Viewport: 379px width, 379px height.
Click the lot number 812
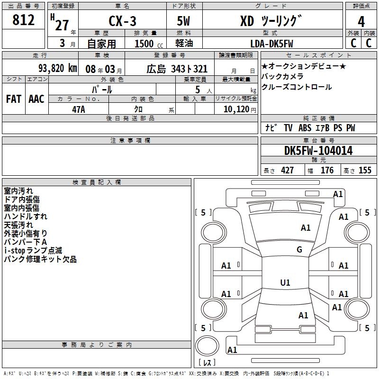pyautogui.click(x=23, y=20)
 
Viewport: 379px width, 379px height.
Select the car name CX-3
pyautogui.click(x=122, y=21)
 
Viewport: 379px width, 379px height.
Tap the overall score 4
pyautogui.click(x=361, y=22)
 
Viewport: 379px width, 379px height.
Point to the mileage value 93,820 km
pyautogui.click(x=58, y=68)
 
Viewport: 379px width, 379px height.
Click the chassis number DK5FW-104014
pyautogui.click(x=318, y=151)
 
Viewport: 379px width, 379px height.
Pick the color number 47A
pyautogui.click(x=79, y=109)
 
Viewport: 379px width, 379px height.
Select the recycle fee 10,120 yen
pyautogui.click(x=240, y=109)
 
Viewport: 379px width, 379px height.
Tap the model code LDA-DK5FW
pyautogui.click(x=271, y=44)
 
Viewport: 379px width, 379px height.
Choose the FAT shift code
pyautogui.click(x=14, y=99)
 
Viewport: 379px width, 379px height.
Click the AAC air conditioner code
pyautogui.click(x=36, y=99)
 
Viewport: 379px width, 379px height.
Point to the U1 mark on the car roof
pyautogui.click(x=285, y=282)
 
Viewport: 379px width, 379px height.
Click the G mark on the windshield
pyautogui.click(x=299, y=249)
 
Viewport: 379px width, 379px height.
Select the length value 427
pyautogui.click(x=287, y=170)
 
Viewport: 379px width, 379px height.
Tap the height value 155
pyautogui.click(x=365, y=170)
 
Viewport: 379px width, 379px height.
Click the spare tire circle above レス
pyautogui.click(x=207, y=346)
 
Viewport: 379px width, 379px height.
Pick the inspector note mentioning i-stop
pyautogui.click(x=33, y=251)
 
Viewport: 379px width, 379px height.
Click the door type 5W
pyautogui.click(x=183, y=21)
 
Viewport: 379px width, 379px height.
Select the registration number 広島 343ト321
pyautogui.click(x=177, y=69)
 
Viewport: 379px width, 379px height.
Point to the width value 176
pyautogui.click(x=327, y=170)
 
